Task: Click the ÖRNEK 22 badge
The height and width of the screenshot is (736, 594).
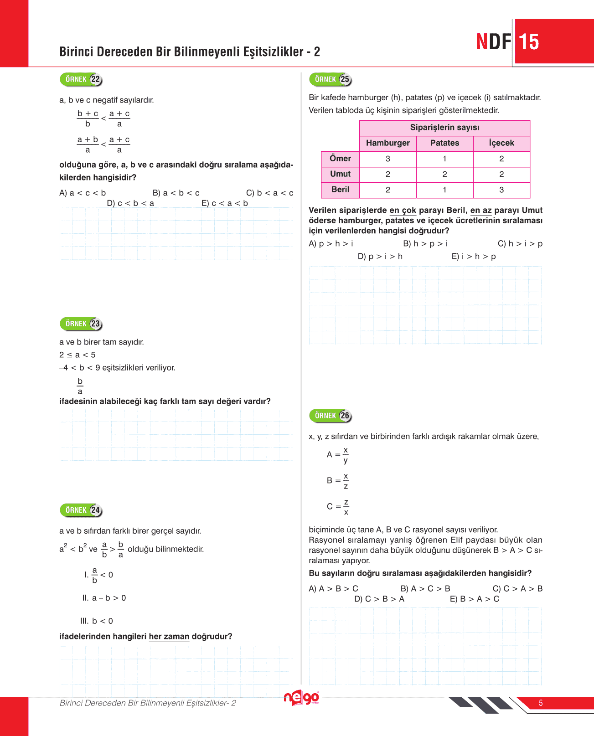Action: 81,79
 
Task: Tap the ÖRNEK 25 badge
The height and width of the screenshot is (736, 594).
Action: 331,79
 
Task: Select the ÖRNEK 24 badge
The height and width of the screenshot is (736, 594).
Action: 81,510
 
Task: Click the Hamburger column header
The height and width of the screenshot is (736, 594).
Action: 387,143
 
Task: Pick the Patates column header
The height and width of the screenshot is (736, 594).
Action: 444,143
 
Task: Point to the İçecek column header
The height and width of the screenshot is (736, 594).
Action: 501,143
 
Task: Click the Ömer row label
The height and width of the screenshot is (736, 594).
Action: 340,159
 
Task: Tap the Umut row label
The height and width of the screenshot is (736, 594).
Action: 340,174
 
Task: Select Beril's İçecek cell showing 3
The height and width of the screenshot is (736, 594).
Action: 501,190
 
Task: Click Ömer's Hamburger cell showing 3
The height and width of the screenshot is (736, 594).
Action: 387,159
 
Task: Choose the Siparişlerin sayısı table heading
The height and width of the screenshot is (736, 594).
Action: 444,128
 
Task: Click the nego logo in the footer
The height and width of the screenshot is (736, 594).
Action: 301,698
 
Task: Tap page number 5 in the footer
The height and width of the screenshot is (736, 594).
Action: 541,703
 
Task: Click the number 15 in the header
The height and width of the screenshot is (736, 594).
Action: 529,42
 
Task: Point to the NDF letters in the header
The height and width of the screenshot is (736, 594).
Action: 494,42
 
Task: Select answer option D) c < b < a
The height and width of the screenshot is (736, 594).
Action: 130,203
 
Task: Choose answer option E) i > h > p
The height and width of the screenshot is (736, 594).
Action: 474,257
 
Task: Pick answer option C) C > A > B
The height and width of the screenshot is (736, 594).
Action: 517,589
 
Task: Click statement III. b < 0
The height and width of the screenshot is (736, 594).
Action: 97,621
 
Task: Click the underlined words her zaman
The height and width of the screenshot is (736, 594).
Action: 169,637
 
